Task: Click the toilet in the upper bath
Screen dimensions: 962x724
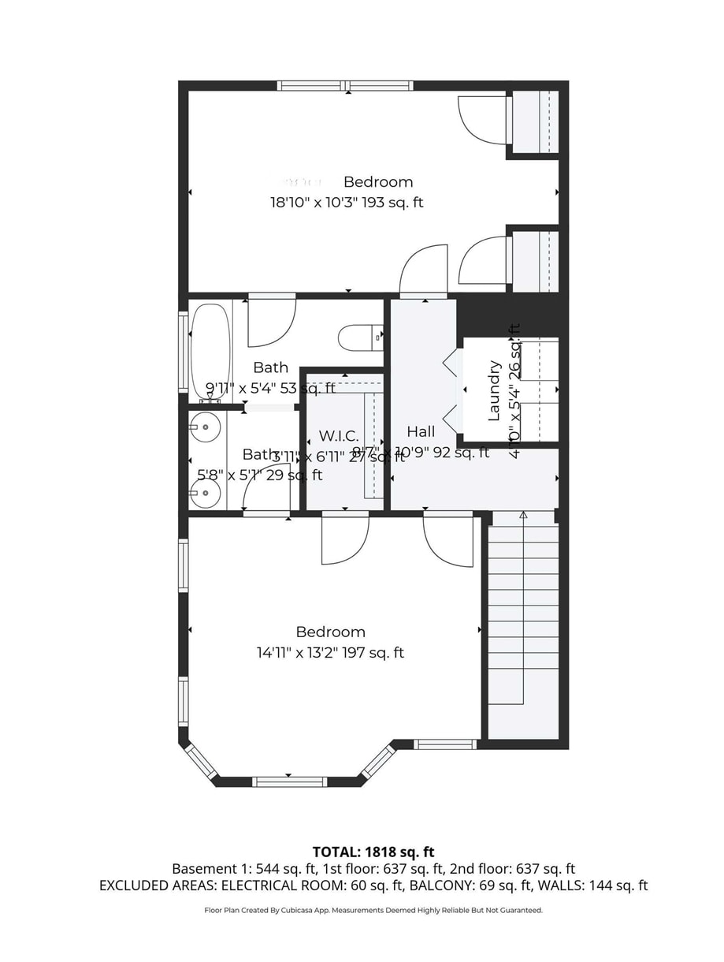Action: (359, 338)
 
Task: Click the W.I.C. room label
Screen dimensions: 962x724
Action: (339, 436)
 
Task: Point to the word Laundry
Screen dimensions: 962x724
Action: (495, 391)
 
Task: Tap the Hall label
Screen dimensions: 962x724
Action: (421, 432)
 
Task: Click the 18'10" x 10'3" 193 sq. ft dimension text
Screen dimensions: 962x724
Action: (347, 203)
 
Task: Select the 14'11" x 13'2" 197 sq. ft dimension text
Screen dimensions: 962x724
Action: (330, 653)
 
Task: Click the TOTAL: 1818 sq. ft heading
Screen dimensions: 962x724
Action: (373, 852)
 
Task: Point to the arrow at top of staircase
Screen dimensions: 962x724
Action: (523, 515)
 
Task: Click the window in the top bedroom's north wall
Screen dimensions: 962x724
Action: (345, 86)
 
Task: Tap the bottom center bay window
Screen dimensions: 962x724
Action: (289, 781)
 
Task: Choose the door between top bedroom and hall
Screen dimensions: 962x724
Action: (424, 272)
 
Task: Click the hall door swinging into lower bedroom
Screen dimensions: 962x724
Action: (447, 539)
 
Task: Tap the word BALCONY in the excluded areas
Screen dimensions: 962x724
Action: (436, 886)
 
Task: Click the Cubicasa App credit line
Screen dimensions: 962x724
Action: (373, 910)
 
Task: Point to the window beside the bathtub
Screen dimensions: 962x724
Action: (183, 352)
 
